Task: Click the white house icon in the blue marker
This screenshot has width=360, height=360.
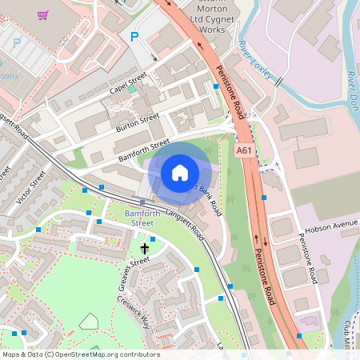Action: click(180, 172)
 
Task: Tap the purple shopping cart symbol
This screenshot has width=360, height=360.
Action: click(42, 14)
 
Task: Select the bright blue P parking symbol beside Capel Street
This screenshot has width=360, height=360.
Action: click(134, 36)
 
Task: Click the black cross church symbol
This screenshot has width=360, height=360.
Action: click(144, 249)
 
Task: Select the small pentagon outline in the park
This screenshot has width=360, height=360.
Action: click(88, 322)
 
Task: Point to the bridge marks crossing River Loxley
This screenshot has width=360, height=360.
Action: click(278, 81)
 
